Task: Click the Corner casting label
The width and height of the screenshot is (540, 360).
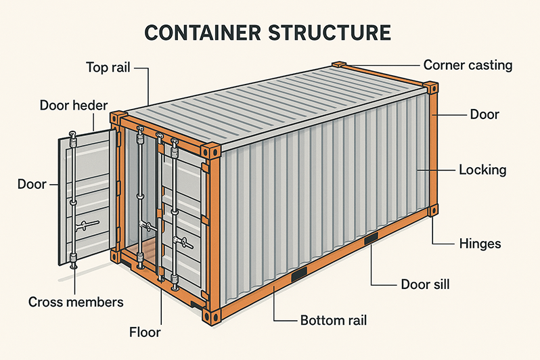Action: pos(468,66)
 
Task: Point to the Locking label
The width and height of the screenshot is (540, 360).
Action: pos(482,169)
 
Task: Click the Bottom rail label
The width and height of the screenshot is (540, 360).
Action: pos(333,319)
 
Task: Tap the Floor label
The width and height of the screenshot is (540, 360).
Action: pos(145,332)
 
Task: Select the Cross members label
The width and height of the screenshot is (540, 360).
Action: pos(76,302)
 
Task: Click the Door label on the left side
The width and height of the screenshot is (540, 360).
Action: pos(32,183)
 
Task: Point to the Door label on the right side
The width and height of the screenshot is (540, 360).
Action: pos(485,114)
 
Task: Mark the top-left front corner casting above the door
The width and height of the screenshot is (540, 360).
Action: pos(118,116)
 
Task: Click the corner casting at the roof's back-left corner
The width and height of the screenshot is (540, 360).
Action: pos(340,65)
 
